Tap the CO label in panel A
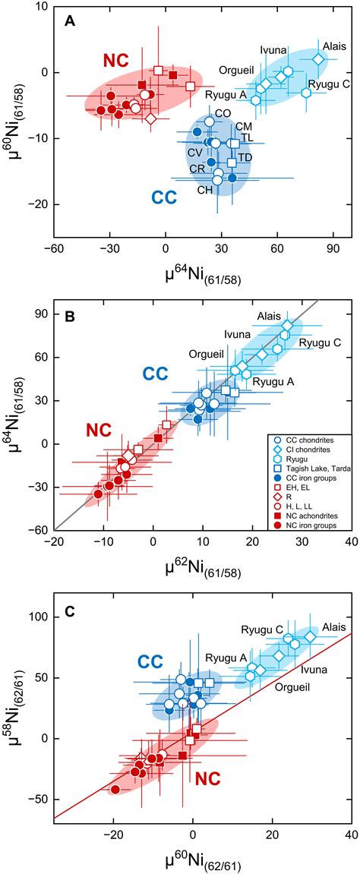[x=223, y=113]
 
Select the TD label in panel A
[x=245, y=157]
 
